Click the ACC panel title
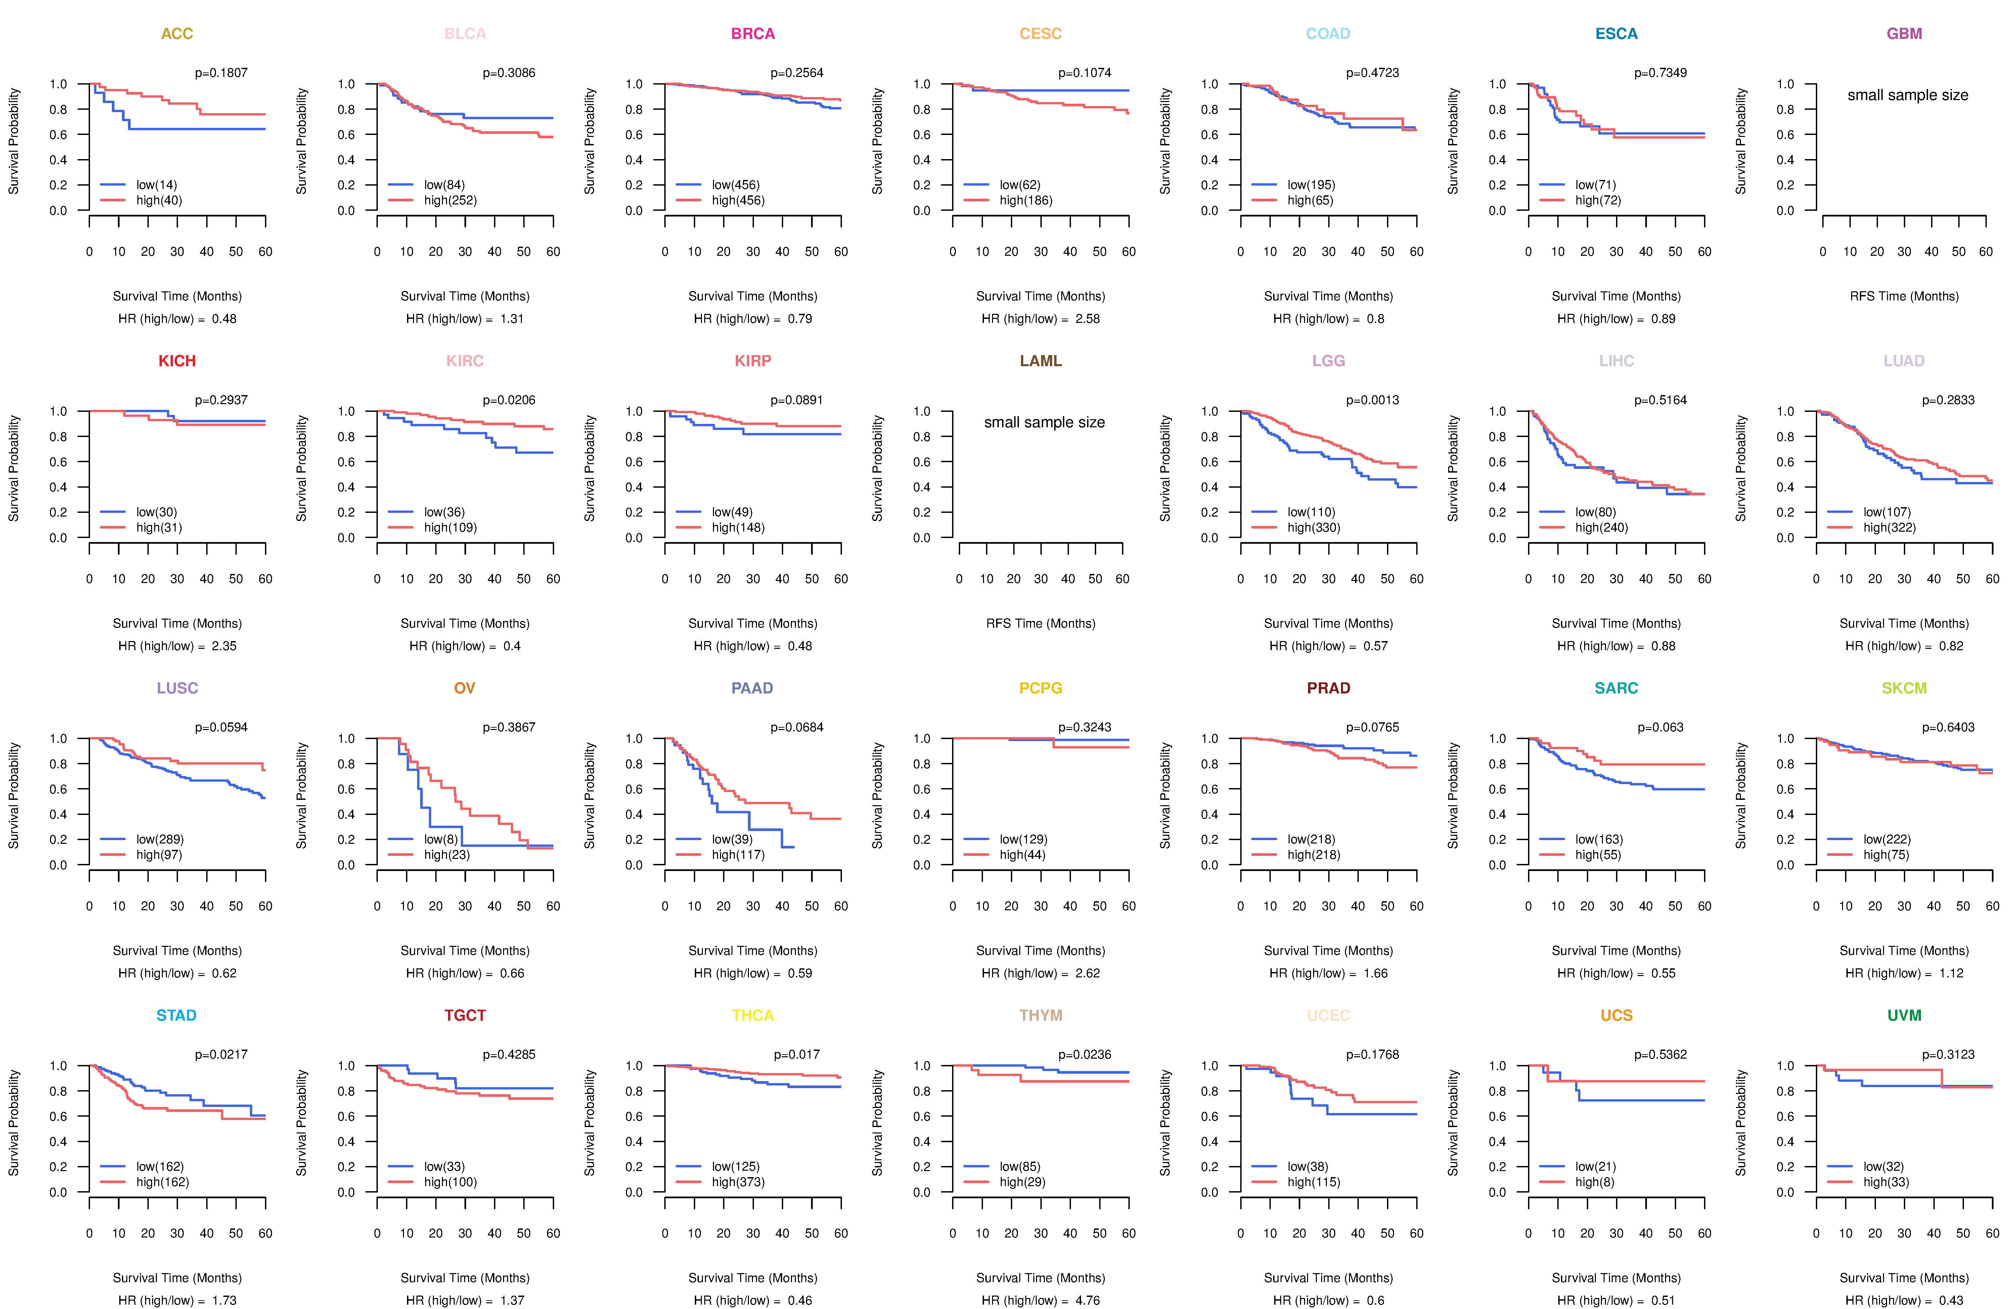[177, 34]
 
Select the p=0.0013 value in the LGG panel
[1373, 400]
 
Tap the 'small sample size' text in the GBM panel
[1908, 95]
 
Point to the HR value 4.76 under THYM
[1088, 1301]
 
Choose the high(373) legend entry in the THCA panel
[738, 1182]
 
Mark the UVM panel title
[1904, 1015]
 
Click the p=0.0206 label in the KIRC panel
[509, 400]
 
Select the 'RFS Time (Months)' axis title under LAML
[1040, 624]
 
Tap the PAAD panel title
[753, 688]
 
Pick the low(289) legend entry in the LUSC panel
[160, 839]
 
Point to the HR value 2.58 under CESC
[1088, 319]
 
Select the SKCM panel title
[1904, 688]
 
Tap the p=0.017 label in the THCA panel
[797, 1054]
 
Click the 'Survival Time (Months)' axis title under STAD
[177, 1278]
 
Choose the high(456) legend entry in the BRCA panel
[738, 200]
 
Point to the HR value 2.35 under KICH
[224, 646]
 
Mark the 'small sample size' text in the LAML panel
[1044, 422]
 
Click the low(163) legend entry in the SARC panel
[1599, 839]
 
